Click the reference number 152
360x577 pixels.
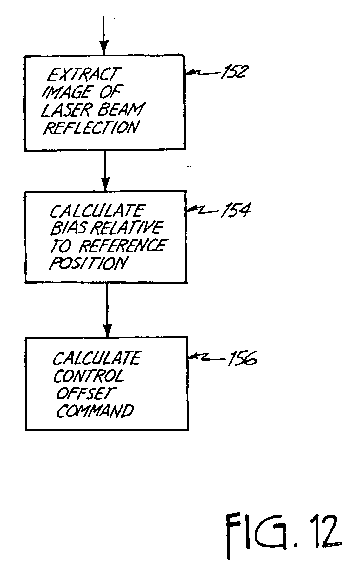[234, 72]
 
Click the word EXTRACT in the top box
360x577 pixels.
[82, 74]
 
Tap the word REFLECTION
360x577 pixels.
[91, 128]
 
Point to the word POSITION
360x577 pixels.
[89, 263]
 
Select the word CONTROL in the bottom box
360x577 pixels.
[88, 376]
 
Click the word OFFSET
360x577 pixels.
[84, 393]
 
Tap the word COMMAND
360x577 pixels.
[95, 411]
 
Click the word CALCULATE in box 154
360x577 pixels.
[97, 211]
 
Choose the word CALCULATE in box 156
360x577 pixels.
[96, 358]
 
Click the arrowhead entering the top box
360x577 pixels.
[104, 48]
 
